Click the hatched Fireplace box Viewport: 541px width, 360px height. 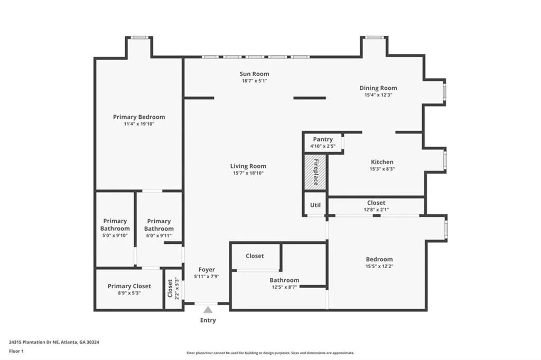tap(315, 172)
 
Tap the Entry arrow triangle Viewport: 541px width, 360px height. tap(208, 310)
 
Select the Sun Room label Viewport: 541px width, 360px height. tap(255, 74)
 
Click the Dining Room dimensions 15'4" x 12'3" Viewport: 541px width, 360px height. tap(378, 95)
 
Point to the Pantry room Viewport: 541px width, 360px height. tap(323, 142)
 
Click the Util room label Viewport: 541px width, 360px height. tap(315, 205)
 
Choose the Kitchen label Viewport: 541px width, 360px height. tap(382, 162)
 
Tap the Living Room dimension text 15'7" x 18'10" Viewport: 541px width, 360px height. tap(248, 173)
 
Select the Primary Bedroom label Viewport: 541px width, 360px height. tap(139, 117)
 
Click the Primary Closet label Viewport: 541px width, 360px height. tap(129, 286)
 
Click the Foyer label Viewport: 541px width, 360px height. tap(207, 269)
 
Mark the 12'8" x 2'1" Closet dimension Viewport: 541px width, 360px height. tap(376, 210)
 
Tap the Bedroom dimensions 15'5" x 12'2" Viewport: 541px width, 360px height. tap(379, 266)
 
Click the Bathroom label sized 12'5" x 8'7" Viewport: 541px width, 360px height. tap(284, 280)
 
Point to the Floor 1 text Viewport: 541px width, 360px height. tap(18, 350)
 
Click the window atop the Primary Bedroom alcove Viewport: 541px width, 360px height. tap(139, 37)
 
